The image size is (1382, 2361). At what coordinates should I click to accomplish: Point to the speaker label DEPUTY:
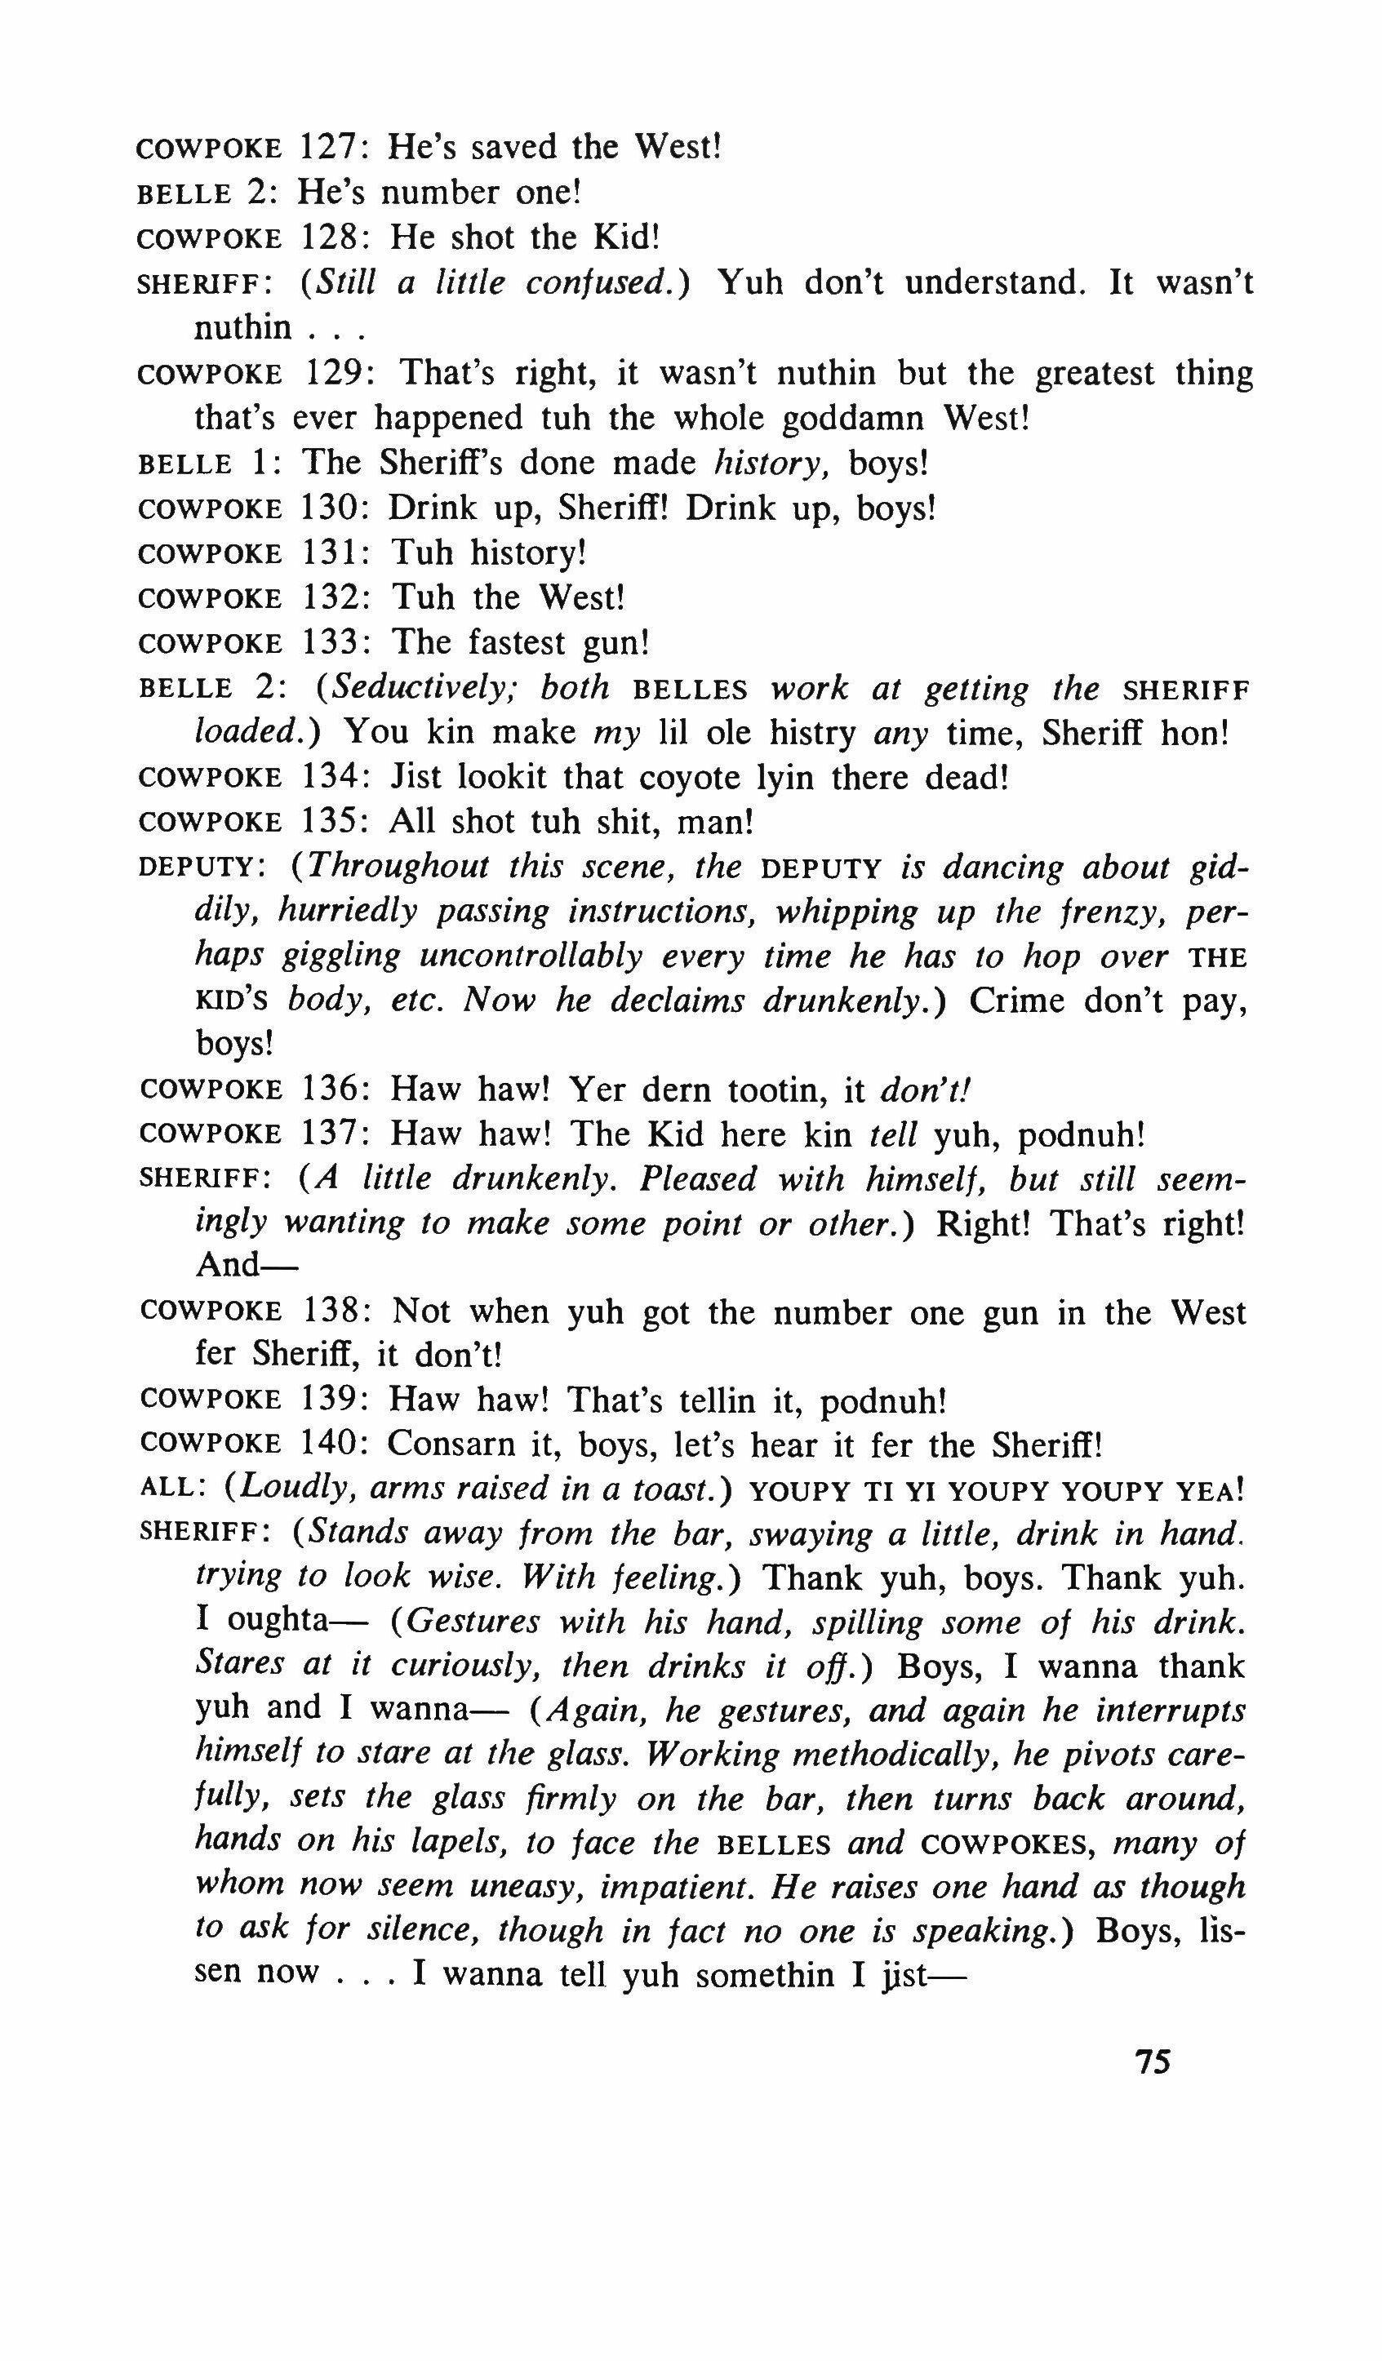[202, 868]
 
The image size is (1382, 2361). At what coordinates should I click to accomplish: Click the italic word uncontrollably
[531, 956]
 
